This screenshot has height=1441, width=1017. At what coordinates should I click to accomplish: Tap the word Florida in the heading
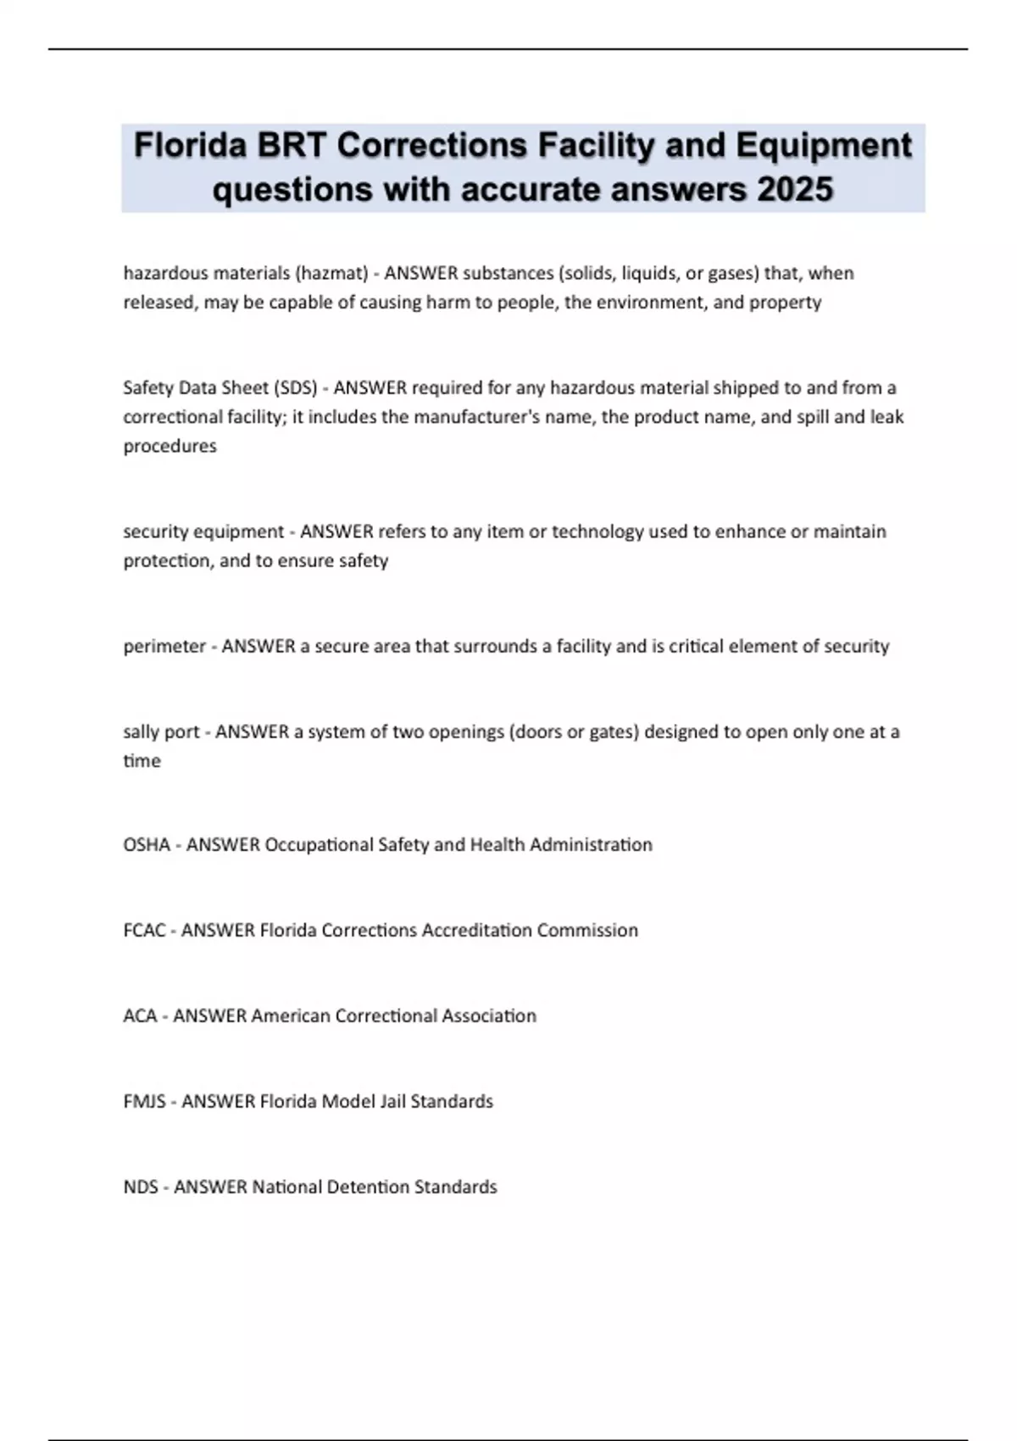tap(190, 146)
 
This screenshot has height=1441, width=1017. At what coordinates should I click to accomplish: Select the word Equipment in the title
tap(823, 146)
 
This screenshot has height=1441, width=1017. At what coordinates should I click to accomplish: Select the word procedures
tap(169, 446)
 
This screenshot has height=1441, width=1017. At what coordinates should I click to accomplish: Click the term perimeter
tap(164, 646)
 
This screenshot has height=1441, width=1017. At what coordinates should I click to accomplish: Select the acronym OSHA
tap(147, 844)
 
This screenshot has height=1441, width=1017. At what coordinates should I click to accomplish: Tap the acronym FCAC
tap(144, 930)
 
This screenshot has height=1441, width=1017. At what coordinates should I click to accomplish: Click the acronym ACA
tap(140, 1015)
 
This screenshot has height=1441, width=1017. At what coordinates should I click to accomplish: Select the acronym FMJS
tap(144, 1101)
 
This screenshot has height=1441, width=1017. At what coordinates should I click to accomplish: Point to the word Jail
tap(392, 1101)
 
